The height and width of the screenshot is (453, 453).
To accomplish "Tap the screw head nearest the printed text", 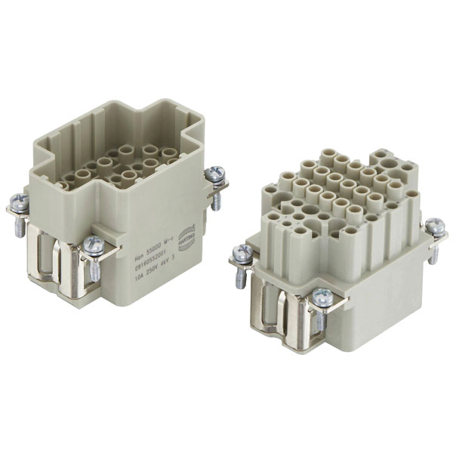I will (94, 244).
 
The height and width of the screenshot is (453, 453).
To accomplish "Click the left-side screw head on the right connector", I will (244, 252).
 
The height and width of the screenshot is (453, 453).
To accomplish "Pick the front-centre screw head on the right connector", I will (322, 297).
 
